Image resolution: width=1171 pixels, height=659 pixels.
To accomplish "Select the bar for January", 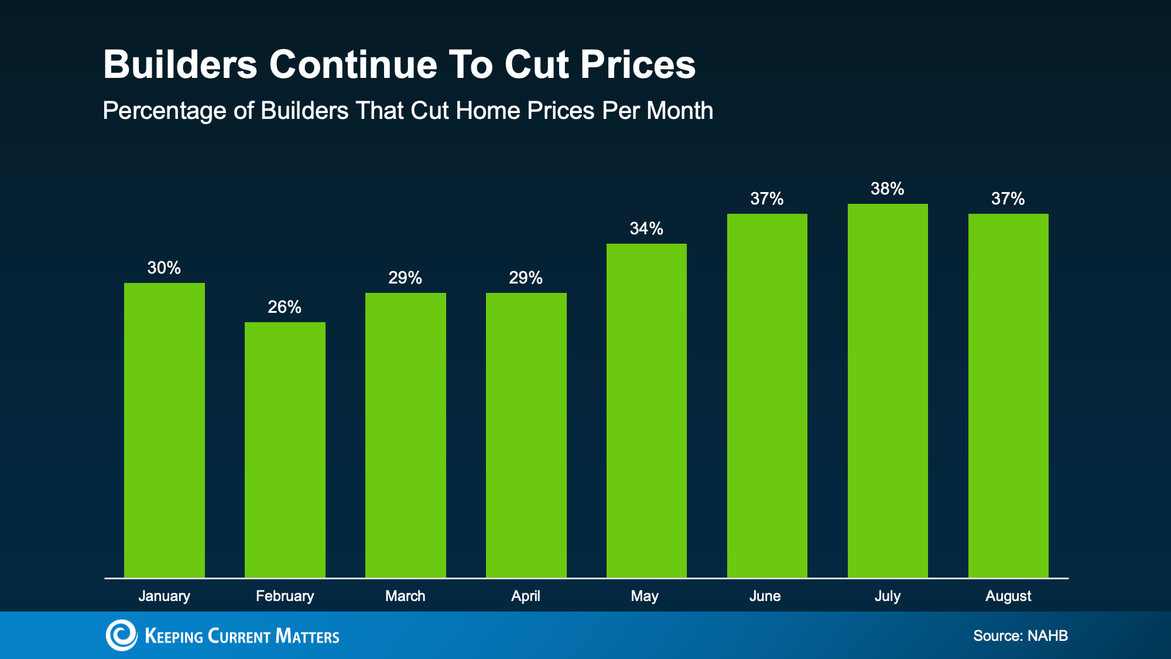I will pyautogui.click(x=165, y=431).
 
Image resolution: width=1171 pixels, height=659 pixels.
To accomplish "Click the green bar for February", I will pyautogui.click(x=285, y=450).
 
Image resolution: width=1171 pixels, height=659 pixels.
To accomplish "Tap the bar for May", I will pyautogui.click(x=646, y=411).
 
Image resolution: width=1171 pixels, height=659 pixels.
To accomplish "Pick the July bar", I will pyautogui.click(x=888, y=391).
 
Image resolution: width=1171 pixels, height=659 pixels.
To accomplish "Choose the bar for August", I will pyautogui.click(x=1008, y=396).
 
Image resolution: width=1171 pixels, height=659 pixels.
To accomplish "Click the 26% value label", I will pyautogui.click(x=285, y=307).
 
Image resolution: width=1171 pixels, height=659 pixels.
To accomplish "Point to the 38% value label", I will pyautogui.click(x=888, y=189).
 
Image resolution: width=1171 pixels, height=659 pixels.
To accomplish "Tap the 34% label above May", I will pyautogui.click(x=646, y=228).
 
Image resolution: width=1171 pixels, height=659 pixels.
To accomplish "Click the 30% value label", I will pyautogui.click(x=164, y=268).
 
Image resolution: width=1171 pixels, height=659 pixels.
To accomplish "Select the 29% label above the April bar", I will pyautogui.click(x=526, y=278).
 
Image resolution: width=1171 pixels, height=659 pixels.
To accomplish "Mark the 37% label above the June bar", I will pyautogui.click(x=767, y=199).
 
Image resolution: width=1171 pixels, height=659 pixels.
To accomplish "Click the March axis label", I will pyautogui.click(x=405, y=596).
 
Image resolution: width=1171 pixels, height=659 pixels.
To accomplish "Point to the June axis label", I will pyautogui.click(x=765, y=596).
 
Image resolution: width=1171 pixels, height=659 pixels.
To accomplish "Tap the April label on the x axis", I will pyautogui.click(x=526, y=596).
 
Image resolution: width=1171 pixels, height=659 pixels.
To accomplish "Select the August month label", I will pyautogui.click(x=1008, y=596).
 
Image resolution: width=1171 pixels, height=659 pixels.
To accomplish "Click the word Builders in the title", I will pyautogui.click(x=180, y=64).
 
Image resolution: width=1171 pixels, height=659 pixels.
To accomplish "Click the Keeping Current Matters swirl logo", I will pyautogui.click(x=121, y=635).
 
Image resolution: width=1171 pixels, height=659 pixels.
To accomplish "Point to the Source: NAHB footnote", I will pyautogui.click(x=1021, y=636).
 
